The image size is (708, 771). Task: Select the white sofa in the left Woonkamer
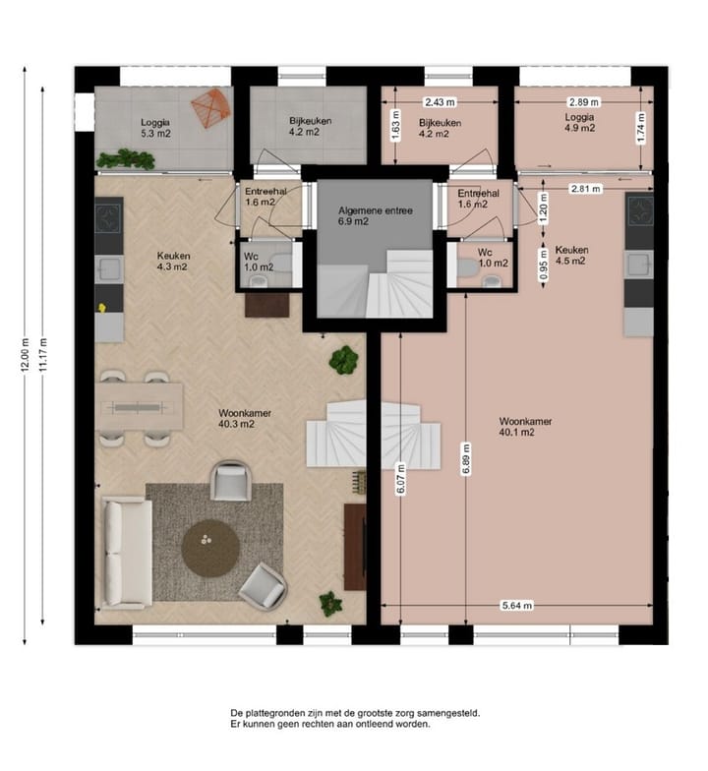[127, 553]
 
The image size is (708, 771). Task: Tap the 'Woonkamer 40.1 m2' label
[525, 426]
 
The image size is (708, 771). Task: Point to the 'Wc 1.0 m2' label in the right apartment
[493, 258]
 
